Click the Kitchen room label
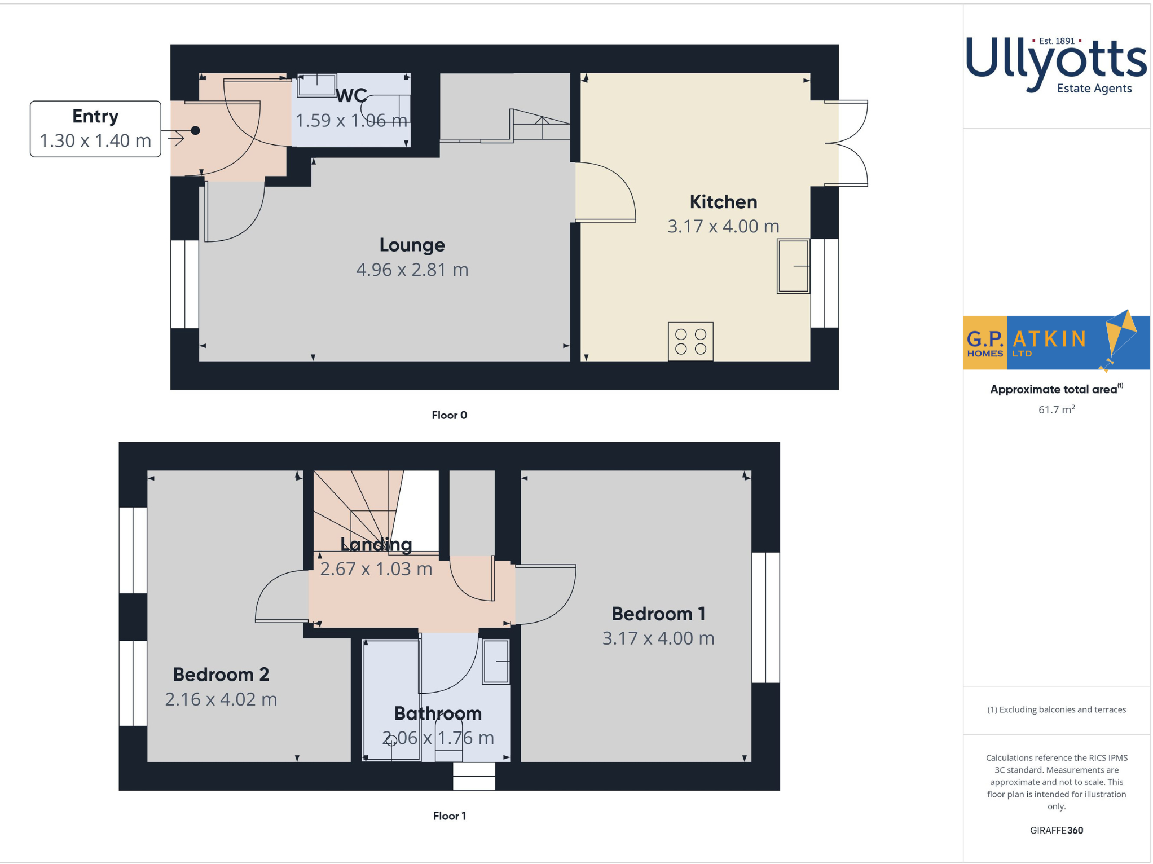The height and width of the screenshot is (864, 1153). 723,202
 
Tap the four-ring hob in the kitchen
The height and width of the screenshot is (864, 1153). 690,341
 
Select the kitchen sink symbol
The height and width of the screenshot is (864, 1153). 793,266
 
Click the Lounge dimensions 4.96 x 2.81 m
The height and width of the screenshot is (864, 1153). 412,270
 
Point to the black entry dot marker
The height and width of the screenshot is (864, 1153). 195,131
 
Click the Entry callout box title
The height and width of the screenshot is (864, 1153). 95,116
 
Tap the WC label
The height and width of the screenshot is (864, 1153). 351,96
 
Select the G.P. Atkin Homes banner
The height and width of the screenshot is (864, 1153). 1055,342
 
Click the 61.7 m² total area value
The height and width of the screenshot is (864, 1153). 1056,410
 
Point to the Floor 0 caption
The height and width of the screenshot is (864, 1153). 449,415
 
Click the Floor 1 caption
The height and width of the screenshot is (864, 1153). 449,816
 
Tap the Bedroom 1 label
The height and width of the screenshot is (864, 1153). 658,614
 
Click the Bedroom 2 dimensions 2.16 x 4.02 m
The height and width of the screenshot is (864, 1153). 221,699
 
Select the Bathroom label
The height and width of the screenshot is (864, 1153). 438,713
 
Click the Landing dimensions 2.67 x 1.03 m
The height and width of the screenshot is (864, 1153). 376,568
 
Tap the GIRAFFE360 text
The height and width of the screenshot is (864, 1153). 1056,830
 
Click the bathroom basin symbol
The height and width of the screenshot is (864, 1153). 496,662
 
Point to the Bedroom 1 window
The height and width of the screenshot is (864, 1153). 765,618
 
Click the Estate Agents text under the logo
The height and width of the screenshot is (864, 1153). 1094,89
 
